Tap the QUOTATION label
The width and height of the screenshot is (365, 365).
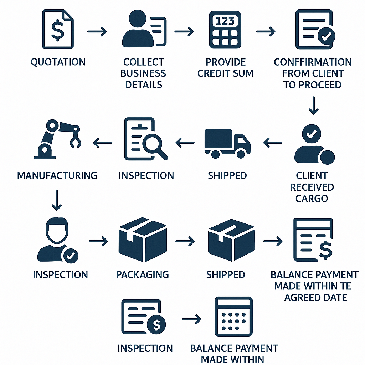(58, 62)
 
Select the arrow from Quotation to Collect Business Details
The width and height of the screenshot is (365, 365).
(97, 31)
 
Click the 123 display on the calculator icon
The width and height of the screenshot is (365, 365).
(225, 21)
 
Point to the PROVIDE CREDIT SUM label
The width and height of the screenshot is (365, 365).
(226, 68)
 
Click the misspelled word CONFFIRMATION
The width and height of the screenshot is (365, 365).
(313, 62)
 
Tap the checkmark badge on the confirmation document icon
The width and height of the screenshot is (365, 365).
(327, 36)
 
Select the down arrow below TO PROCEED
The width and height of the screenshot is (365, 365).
(313, 105)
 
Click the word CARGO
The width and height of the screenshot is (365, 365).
(312, 199)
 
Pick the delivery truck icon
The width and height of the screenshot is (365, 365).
(227, 143)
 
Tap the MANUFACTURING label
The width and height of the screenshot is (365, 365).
(57, 175)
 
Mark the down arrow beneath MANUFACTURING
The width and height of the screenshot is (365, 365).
(57, 200)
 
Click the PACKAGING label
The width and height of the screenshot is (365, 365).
(142, 274)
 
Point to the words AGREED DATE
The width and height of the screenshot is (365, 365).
(315, 297)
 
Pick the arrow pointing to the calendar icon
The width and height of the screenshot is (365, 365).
(191, 319)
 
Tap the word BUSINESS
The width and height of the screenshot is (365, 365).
(143, 73)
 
